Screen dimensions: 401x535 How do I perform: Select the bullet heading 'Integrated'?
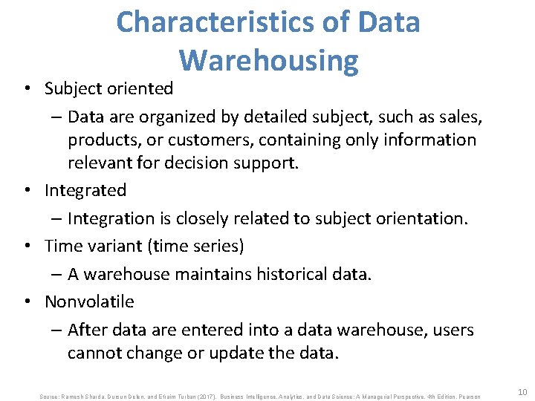(85, 190)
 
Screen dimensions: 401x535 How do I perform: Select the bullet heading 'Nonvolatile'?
(89, 301)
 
